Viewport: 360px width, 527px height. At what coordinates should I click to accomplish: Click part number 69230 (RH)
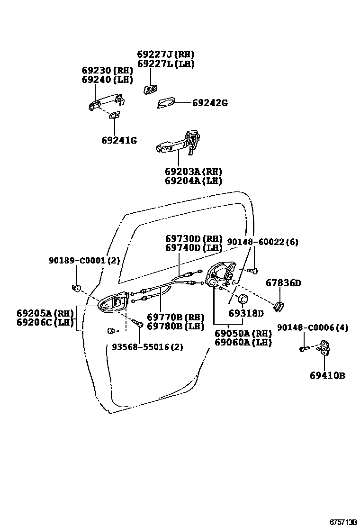click(107, 71)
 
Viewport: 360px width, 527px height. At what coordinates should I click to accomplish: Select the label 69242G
click(210, 103)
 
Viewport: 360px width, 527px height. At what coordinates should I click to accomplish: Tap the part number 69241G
click(119, 140)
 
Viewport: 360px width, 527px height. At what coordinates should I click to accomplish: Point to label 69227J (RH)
click(166, 55)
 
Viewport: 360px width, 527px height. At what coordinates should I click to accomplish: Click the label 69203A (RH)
click(193, 172)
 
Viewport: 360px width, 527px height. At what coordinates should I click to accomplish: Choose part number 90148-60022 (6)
click(262, 242)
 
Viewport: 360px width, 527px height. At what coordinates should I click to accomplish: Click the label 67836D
click(283, 283)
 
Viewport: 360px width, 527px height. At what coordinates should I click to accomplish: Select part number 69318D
click(246, 313)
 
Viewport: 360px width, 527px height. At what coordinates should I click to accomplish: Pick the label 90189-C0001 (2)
click(84, 260)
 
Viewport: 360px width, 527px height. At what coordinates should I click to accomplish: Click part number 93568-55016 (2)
click(147, 347)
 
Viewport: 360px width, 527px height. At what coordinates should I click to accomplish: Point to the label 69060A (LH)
click(243, 342)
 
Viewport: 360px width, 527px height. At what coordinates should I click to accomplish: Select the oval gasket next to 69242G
click(166, 103)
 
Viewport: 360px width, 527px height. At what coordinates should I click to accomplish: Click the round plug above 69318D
click(243, 299)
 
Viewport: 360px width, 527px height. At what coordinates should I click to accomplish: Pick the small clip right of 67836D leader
click(279, 307)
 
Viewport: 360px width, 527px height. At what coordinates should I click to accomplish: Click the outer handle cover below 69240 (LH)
click(105, 103)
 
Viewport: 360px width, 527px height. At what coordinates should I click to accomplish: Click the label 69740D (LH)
click(194, 247)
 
